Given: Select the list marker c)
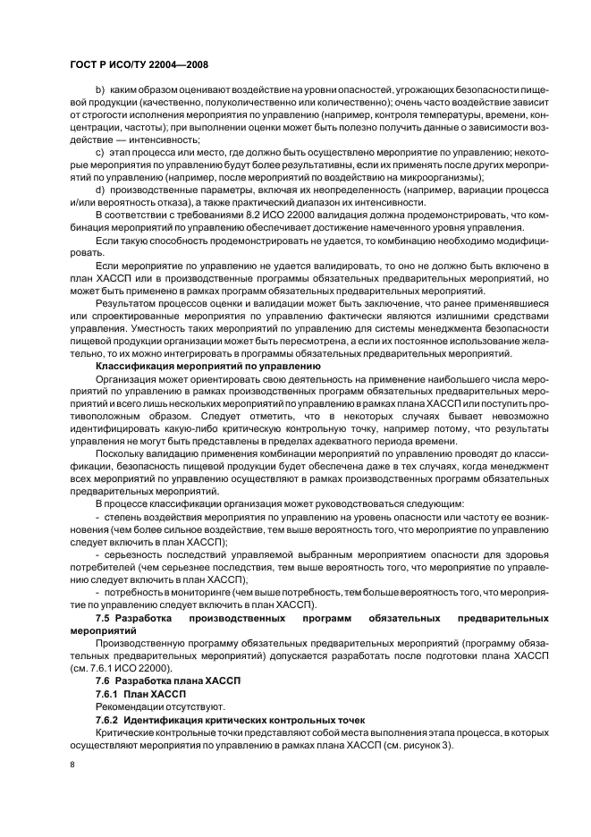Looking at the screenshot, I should [x=99, y=154].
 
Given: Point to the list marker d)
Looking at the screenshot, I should [x=99, y=190].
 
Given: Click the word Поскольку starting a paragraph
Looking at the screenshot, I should [x=122, y=453].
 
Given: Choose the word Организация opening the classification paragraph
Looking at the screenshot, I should [x=129, y=379].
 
